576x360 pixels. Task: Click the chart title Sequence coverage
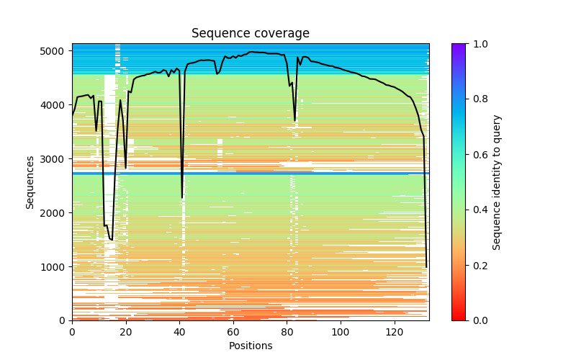250,34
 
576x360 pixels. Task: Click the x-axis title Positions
250,346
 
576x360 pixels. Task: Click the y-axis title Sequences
30,181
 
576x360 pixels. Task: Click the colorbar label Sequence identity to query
497,181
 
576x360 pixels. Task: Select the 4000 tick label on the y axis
58,105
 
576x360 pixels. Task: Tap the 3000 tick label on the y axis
58,159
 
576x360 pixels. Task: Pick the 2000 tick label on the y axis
58,213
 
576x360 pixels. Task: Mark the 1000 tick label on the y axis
58,267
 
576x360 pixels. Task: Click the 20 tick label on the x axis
126,332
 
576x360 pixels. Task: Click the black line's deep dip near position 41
182,197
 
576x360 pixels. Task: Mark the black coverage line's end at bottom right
426,267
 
